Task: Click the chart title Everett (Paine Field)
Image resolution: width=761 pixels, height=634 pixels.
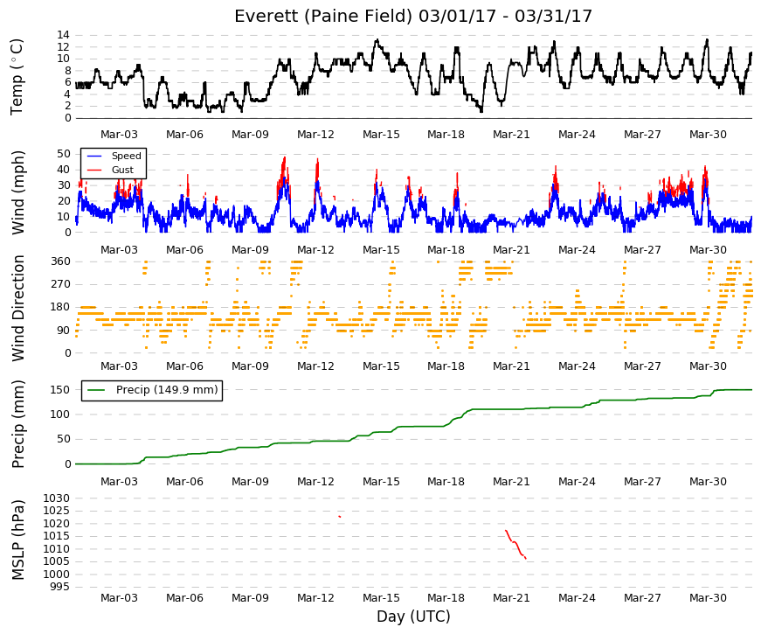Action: pyautogui.click(x=323, y=16)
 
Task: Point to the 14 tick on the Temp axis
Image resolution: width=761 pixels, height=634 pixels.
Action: pyautogui.click(x=64, y=35)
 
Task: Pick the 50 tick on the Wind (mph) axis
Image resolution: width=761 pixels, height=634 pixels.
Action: pyautogui.click(x=64, y=154)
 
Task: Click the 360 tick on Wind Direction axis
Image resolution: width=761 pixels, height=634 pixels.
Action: pyautogui.click(x=60, y=261)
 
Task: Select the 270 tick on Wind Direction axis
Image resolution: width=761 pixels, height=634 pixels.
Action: pyautogui.click(x=60, y=284)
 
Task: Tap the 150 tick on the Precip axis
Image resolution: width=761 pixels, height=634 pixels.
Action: pyautogui.click(x=60, y=390)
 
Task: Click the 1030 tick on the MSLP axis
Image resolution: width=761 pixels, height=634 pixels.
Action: pyautogui.click(x=57, y=498)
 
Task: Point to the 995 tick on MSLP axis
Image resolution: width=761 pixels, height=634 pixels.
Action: pyautogui.click(x=60, y=587)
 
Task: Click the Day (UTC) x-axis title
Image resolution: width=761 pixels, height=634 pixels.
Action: pyautogui.click(x=413, y=617)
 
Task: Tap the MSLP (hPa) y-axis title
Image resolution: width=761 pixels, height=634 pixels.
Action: pyautogui.click(x=17, y=540)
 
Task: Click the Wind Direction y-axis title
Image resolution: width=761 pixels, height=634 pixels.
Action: pyautogui.click(x=17, y=308)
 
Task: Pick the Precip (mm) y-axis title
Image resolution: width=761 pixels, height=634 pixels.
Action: pyautogui.click(x=17, y=424)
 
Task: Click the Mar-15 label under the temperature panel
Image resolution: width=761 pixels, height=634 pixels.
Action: pyautogui.click(x=381, y=135)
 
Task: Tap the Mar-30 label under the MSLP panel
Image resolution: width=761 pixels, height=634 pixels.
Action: pyautogui.click(x=708, y=598)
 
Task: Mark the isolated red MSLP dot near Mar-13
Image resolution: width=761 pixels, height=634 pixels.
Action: pyautogui.click(x=340, y=517)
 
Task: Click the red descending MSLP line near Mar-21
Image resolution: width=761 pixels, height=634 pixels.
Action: pyautogui.click(x=515, y=544)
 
